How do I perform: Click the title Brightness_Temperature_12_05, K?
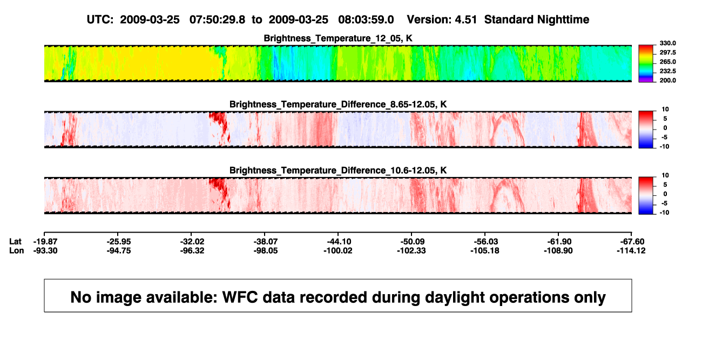(x=338, y=38)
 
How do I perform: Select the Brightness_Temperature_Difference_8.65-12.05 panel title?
(x=338, y=104)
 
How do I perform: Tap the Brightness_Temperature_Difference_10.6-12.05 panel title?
(x=338, y=171)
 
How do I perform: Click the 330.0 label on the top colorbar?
(x=667, y=43)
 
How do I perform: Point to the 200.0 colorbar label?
(x=667, y=80)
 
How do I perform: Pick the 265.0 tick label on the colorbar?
(x=667, y=62)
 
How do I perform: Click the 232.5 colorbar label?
(x=667, y=71)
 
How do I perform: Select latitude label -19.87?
(x=45, y=242)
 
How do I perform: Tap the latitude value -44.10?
(x=339, y=242)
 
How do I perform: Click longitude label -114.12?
(x=631, y=250)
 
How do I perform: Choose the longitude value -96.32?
(x=192, y=250)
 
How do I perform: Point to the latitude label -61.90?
(x=559, y=242)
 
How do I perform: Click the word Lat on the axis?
(x=15, y=242)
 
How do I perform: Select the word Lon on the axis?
(x=16, y=250)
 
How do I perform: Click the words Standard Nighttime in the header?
(x=537, y=20)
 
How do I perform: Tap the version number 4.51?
(x=465, y=20)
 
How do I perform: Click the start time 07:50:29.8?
(x=217, y=20)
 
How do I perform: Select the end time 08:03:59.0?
(x=366, y=20)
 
